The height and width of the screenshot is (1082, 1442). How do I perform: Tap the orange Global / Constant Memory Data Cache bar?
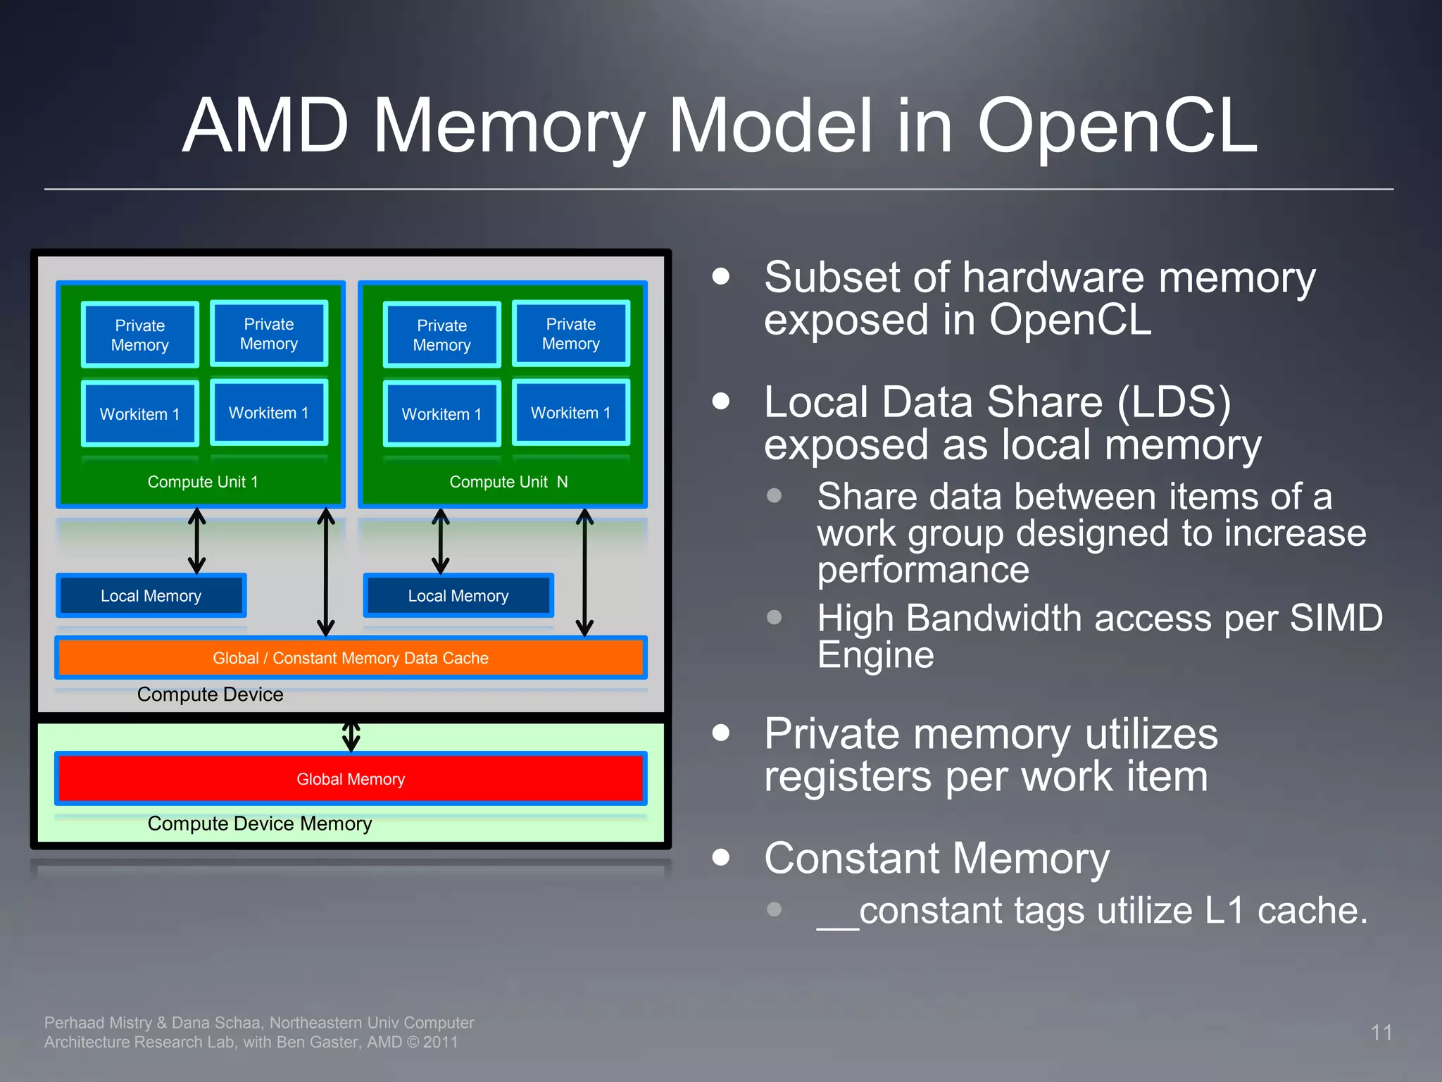click(351, 658)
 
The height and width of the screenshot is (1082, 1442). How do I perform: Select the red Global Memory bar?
click(351, 779)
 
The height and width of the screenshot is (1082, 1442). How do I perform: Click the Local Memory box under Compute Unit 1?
click(151, 596)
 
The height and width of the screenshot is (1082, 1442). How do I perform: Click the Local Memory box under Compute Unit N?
click(458, 596)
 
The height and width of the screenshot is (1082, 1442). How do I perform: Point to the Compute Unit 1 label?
click(203, 482)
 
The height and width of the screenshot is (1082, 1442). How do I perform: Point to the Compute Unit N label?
click(508, 482)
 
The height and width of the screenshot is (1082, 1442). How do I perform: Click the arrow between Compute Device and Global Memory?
click(351, 736)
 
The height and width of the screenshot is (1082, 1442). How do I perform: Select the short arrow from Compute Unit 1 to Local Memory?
click(197, 541)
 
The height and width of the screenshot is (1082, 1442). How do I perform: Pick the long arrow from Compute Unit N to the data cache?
click(584, 572)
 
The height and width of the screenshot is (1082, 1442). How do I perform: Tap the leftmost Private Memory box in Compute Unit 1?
click(139, 335)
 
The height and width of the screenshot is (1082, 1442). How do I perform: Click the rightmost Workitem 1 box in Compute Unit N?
click(570, 413)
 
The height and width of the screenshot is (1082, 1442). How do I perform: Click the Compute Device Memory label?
click(259, 823)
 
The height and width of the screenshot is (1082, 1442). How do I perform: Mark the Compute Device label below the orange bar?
click(210, 695)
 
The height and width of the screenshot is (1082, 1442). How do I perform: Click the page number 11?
click(1381, 1033)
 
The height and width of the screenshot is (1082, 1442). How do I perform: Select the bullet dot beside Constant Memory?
click(720, 857)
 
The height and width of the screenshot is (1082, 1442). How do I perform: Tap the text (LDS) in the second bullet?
click(1174, 402)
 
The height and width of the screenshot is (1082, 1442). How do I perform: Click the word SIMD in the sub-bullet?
click(1336, 618)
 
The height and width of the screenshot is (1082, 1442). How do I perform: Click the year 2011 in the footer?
click(440, 1043)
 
